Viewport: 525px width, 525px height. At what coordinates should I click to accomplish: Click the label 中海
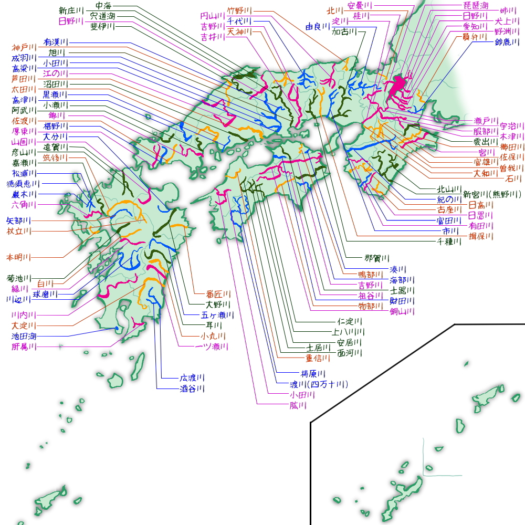coord(103,6)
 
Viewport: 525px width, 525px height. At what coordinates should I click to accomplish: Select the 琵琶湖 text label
coord(476,6)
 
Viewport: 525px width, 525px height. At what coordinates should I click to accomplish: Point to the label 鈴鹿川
coord(507,42)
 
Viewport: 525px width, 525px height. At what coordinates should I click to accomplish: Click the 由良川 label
coord(318,26)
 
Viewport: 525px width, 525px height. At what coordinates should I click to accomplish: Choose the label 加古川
coord(344,32)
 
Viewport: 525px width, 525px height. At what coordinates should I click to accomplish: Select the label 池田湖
coord(24,336)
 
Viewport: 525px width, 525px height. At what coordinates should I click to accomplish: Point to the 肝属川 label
coord(24,346)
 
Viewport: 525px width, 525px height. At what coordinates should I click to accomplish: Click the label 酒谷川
coord(192,389)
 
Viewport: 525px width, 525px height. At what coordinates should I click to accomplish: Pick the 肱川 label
coord(298,405)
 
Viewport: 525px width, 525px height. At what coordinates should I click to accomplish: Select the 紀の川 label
coord(449,199)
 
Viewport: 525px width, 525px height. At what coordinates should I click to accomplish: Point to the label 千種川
coord(449,241)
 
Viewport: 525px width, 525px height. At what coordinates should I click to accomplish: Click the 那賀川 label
coord(377,258)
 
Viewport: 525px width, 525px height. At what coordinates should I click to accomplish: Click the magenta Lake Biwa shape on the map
coord(397,85)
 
